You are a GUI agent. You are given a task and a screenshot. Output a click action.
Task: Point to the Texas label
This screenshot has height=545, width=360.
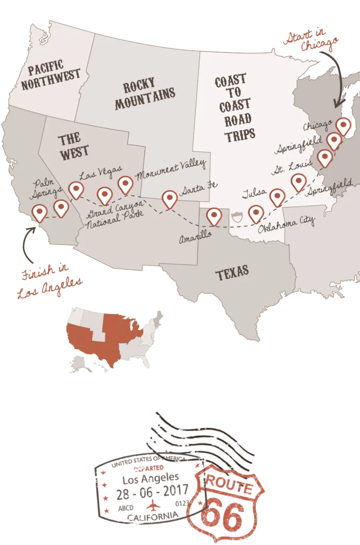pos(232,274)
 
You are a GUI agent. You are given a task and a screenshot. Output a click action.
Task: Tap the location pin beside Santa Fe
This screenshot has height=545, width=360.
pos(170,199)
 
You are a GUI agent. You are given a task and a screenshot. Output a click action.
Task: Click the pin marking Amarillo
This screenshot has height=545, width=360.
pos(214,216)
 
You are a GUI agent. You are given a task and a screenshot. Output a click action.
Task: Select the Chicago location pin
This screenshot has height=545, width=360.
pos(344,126)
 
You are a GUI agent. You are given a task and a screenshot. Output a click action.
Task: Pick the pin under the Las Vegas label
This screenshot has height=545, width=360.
pos(76,190)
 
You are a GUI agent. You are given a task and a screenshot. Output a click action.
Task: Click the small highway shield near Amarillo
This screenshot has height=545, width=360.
pos(237,216)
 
